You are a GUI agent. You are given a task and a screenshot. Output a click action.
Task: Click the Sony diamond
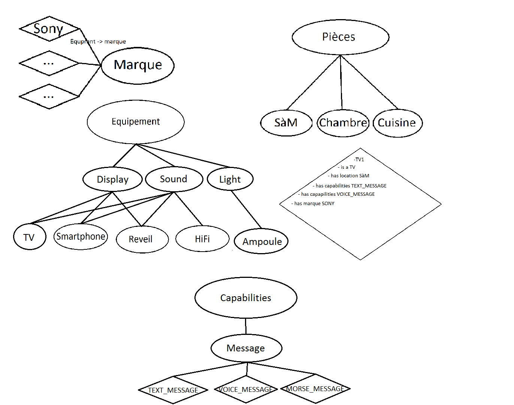pos(49,28)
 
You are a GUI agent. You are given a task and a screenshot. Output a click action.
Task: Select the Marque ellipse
pos(137,65)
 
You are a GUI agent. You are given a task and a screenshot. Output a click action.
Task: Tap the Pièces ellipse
pos(340,37)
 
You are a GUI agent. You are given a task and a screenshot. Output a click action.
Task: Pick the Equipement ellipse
pos(136,121)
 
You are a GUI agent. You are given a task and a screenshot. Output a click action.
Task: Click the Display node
pos(112,179)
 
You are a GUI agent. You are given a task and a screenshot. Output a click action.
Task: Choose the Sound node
pos(174,179)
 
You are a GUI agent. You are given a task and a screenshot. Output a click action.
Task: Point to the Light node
pos(230,179)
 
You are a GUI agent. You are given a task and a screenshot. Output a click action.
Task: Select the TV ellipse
pos(30,237)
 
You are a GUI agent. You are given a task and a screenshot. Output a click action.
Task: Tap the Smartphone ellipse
pos(81,237)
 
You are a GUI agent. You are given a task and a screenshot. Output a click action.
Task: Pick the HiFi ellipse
pos(202,239)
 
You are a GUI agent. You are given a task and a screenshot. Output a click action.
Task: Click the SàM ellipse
pos(286,123)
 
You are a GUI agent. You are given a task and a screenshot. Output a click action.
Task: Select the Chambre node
pos(343,123)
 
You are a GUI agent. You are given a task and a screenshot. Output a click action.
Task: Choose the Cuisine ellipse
pos(397,123)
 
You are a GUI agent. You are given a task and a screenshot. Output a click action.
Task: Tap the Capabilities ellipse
pos(246,298)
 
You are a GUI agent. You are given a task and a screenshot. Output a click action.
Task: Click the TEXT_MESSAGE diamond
pos(173,390)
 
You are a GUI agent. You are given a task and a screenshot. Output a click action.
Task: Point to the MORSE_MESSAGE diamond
pos(315,389)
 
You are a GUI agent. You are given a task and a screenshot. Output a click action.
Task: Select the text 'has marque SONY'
pos(314,204)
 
